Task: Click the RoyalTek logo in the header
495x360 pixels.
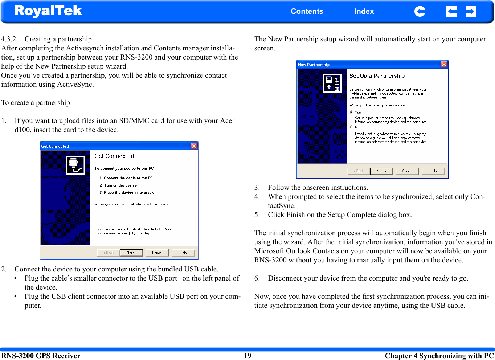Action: pos(48,11)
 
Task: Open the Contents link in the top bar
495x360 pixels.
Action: pos(307,11)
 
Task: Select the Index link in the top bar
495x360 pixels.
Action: pos(364,11)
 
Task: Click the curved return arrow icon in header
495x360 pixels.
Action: pos(420,12)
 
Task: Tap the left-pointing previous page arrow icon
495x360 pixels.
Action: pos(451,12)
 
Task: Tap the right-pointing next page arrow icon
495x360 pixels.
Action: pos(471,12)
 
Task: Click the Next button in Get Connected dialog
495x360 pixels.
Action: pos(131,253)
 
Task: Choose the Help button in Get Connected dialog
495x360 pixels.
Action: pos(183,253)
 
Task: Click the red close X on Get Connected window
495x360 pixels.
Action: pos(194,146)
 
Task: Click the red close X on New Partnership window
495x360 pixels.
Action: pos(444,64)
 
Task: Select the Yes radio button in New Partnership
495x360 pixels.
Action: pos(352,112)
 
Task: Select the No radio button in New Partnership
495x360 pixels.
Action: pos(352,127)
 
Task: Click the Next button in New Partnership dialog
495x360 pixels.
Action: pos(381,171)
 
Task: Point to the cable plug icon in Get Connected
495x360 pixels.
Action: pos(75,165)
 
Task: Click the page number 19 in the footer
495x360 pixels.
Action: pos(247,356)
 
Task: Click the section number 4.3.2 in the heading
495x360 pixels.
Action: pos(9,39)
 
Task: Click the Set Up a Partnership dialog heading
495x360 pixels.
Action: pos(377,76)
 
